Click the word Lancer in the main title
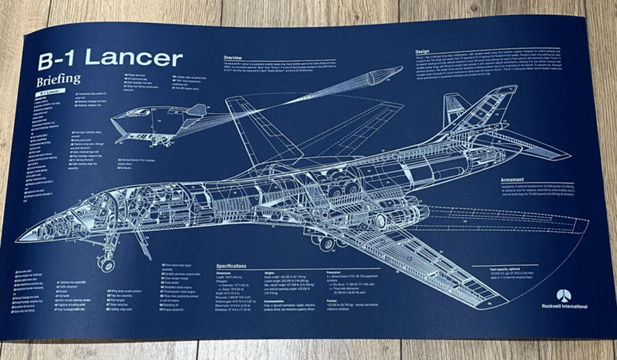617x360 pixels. click(x=142, y=59)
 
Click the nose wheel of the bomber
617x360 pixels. click(x=106, y=264)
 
